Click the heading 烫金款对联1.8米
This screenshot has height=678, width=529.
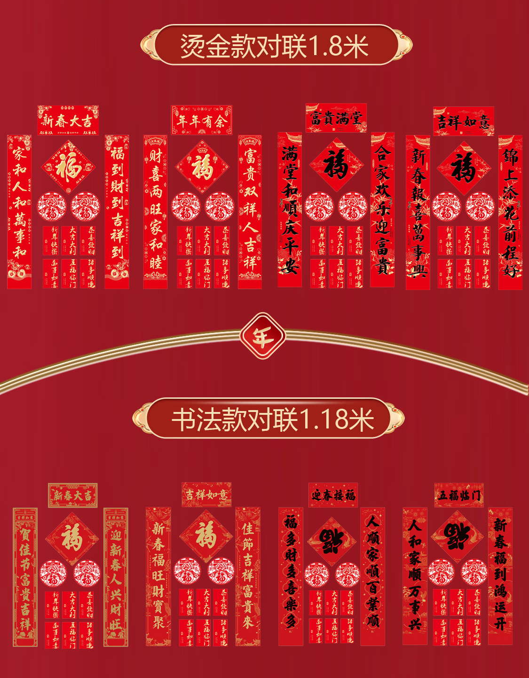275,46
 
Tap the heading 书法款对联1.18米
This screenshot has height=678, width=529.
273,419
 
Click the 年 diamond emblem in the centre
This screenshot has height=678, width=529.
262,336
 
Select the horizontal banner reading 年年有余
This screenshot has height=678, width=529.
202,121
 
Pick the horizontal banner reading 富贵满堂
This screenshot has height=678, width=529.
336,118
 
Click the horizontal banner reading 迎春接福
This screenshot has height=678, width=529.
333,495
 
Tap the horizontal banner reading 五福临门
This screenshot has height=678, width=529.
459,495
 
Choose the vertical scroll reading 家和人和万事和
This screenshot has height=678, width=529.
19,212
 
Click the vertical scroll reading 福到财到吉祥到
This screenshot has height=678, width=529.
117,212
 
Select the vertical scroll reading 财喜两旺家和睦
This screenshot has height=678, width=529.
156,212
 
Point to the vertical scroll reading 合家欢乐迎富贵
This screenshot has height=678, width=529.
382,210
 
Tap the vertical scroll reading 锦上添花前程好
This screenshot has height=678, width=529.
510,212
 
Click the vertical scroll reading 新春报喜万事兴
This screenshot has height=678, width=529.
418,212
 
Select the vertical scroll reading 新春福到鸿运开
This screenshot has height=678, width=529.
500,575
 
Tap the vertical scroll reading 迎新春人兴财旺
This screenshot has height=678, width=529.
116,577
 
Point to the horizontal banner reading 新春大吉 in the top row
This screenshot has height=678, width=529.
68,121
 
